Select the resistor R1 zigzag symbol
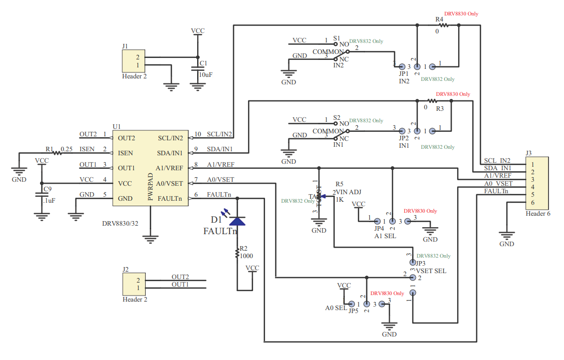57,153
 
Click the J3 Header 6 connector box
536,183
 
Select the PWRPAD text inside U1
150,187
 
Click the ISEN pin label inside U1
125,153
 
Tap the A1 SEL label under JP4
385,236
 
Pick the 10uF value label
206,74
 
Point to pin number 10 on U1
197,134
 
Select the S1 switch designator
336,38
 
